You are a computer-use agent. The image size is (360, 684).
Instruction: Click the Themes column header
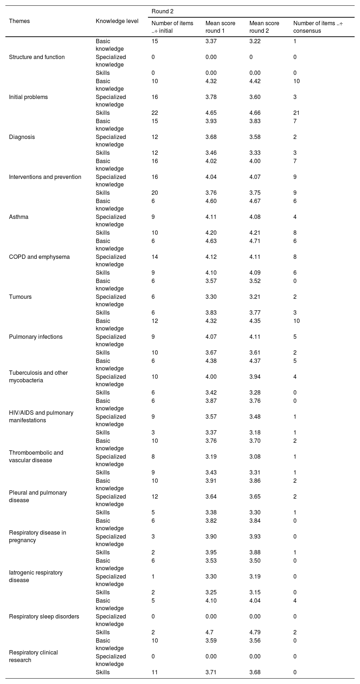19,21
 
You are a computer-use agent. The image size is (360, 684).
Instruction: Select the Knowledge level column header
117,21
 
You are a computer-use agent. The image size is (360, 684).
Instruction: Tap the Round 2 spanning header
162,12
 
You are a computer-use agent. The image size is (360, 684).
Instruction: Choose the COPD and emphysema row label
39,257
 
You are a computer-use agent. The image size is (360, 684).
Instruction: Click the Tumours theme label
20,297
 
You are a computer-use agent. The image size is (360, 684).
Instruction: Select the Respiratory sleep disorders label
44,617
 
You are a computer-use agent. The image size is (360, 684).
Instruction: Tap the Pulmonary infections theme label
36,337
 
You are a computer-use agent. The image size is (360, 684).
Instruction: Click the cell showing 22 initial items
155,113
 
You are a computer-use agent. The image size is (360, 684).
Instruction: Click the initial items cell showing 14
155,257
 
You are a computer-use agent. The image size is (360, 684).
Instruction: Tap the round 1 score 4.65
211,113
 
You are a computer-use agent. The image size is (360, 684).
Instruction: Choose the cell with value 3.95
211,553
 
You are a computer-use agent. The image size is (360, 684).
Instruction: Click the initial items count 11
155,672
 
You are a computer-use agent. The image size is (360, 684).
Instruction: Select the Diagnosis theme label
22,137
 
